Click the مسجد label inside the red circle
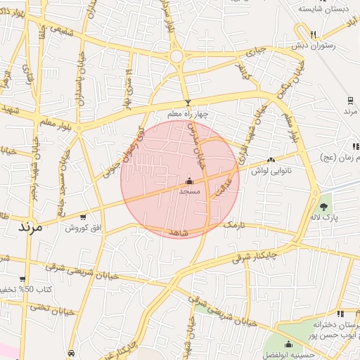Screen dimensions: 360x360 (x=190, y=191)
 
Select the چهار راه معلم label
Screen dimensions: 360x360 (x=188, y=114)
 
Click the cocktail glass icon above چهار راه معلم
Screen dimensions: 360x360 (x=187, y=103)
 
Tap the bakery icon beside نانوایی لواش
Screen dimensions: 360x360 (x=271, y=160)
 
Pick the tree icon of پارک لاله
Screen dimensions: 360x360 (x=324, y=207)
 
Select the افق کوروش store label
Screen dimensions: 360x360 (x=84, y=228)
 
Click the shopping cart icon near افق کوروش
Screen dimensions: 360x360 (x=84, y=217)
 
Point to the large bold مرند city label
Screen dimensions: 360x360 (x=28, y=228)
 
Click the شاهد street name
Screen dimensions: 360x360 (x=179, y=232)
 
